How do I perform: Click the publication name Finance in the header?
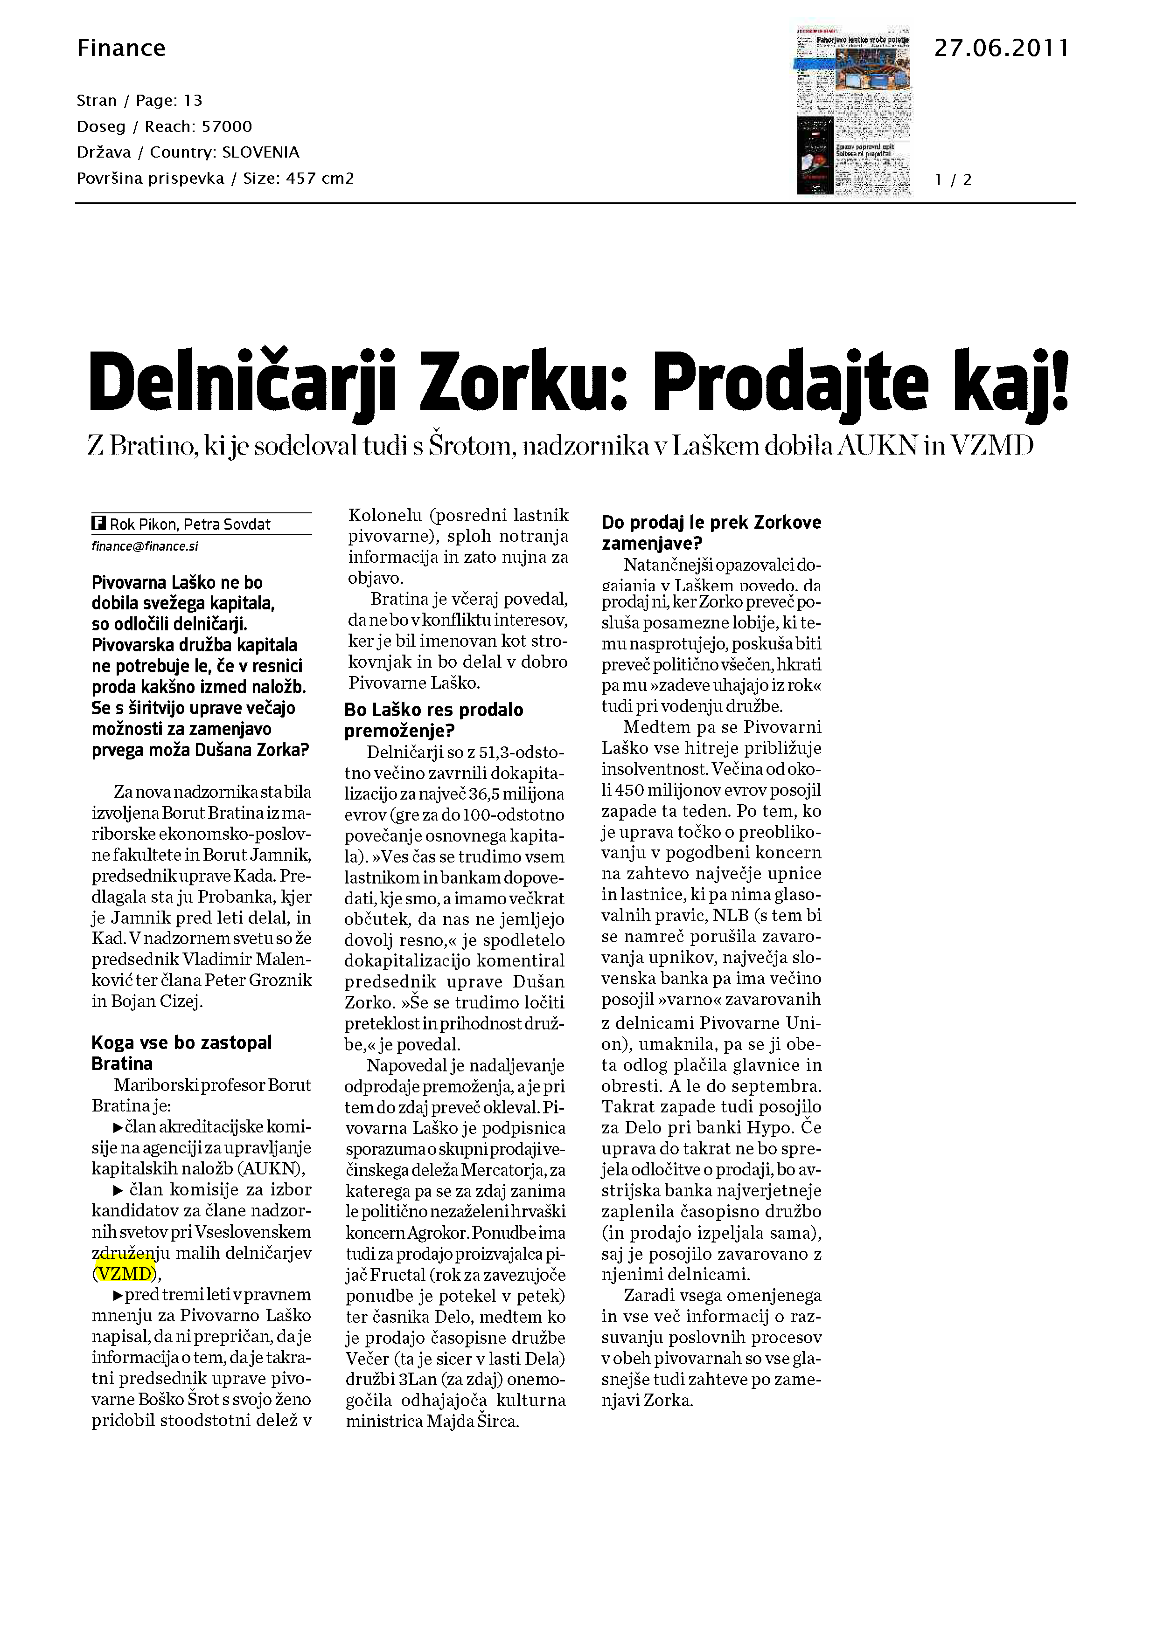(121, 48)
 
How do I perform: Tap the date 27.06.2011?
(1001, 48)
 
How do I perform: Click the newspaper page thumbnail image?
(853, 110)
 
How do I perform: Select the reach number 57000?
(227, 127)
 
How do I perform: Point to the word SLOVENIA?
(260, 152)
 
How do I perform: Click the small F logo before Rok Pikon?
(98, 524)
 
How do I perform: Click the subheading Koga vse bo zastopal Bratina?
(182, 1053)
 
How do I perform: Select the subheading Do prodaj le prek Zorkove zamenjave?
(711, 532)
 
